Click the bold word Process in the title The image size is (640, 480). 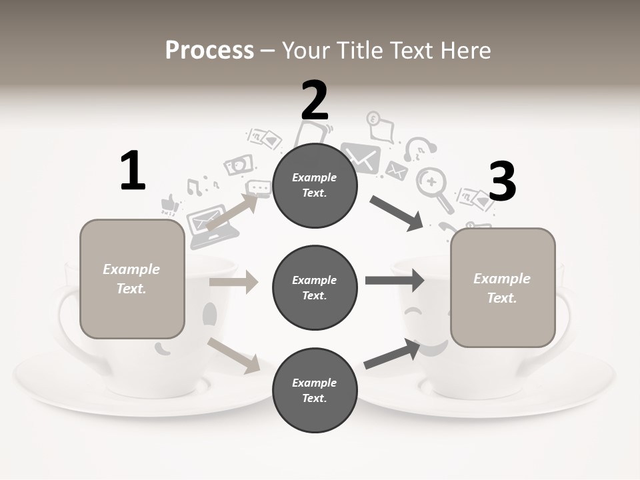tap(209, 51)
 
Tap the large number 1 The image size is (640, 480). tap(133, 171)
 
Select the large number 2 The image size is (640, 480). tap(315, 100)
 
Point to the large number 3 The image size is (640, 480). tap(502, 181)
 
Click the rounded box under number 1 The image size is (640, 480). tap(132, 279)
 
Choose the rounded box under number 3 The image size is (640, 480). tap(503, 288)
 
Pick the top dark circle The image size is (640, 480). tap(315, 185)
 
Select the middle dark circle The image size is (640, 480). tap(315, 287)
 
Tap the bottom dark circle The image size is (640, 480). tap(315, 390)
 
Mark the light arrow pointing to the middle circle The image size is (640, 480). tap(233, 282)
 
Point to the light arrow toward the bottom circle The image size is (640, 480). tap(234, 355)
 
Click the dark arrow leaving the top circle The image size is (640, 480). tap(397, 213)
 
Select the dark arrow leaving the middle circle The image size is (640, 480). tap(395, 280)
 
